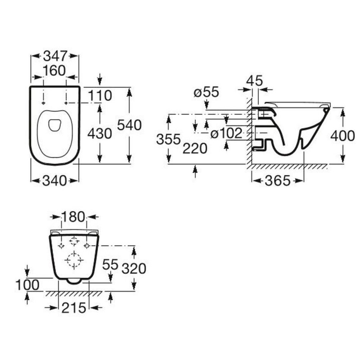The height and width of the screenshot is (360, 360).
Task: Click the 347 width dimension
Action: (x=55, y=56)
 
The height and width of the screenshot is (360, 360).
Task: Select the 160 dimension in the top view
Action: (x=55, y=70)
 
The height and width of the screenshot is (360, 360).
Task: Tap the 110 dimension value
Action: (x=100, y=95)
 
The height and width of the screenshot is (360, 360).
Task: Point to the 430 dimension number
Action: (x=100, y=133)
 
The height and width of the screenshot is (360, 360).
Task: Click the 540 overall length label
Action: (x=129, y=125)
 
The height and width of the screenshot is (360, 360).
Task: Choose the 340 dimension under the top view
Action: (x=55, y=181)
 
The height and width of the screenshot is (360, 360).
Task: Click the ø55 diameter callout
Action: (x=207, y=92)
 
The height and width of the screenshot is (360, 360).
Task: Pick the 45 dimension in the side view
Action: (x=254, y=81)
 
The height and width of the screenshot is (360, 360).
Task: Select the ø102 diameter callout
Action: (x=226, y=133)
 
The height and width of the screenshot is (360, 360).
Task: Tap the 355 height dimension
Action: (x=169, y=139)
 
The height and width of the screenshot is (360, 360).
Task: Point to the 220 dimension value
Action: (x=195, y=148)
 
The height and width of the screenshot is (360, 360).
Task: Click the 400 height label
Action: (x=343, y=136)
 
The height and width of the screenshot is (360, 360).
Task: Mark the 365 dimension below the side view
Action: (x=277, y=181)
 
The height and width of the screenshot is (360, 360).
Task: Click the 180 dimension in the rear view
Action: (x=74, y=217)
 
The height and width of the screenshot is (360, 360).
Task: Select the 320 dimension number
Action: (x=134, y=268)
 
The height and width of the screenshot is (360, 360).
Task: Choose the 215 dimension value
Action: (x=74, y=308)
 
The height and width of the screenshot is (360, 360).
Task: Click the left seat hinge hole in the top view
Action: (x=44, y=103)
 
